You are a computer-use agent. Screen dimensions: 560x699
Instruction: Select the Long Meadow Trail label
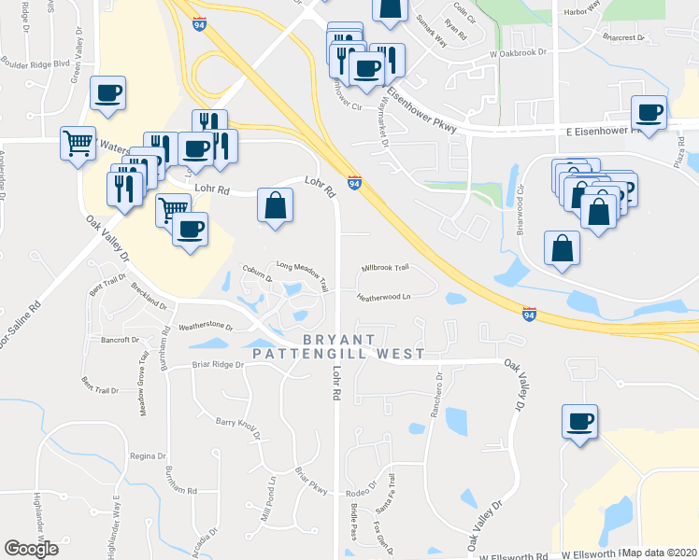[x=302, y=268]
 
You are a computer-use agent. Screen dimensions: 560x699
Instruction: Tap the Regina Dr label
[x=148, y=455]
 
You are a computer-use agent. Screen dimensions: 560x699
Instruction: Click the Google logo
[x=31, y=549]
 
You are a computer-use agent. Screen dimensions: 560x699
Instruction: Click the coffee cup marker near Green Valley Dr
[x=107, y=92]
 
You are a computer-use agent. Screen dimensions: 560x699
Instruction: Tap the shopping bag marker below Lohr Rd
[x=274, y=206]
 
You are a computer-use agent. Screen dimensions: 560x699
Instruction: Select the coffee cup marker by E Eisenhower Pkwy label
[x=649, y=112]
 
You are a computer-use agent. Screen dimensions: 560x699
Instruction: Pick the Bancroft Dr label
[x=121, y=340]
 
